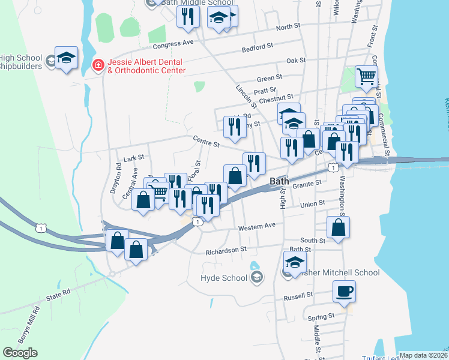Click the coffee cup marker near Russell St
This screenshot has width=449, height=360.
pos(344,292)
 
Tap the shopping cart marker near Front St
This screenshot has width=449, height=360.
pos(366,77)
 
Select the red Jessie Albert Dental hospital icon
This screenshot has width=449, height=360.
pos(96,64)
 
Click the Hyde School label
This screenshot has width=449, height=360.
pos(224,278)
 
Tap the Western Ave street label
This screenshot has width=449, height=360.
pos(256,227)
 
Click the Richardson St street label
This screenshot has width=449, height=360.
pos(226,250)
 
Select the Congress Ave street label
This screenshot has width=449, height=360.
pos(173,43)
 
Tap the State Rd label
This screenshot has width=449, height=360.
pos(58,297)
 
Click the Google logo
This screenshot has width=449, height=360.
pos(20,352)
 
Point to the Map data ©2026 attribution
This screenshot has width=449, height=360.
pos(423,355)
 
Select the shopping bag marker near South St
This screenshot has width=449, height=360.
pos(339,228)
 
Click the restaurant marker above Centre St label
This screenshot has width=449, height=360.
pos(234,127)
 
